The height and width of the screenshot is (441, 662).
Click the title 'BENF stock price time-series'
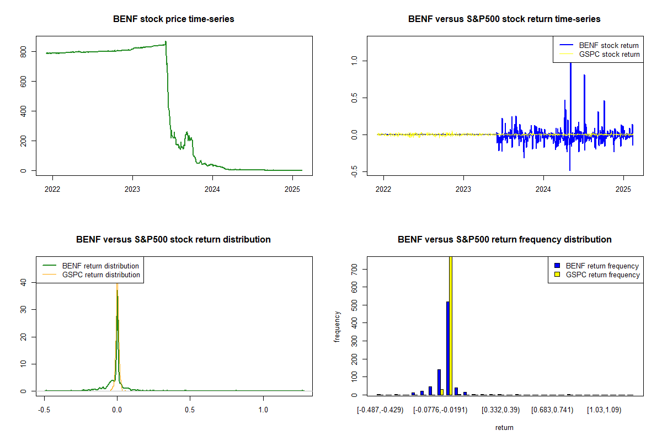(x=174, y=19)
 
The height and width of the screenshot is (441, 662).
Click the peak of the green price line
(x=166, y=42)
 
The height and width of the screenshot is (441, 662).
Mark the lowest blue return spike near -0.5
(x=570, y=170)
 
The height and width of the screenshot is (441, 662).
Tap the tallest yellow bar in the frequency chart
(x=451, y=325)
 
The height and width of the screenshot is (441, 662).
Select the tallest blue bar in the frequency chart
(x=447, y=347)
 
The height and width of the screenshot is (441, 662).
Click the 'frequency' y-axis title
(x=337, y=327)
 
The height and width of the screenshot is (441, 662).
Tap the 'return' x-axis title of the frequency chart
(x=504, y=427)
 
